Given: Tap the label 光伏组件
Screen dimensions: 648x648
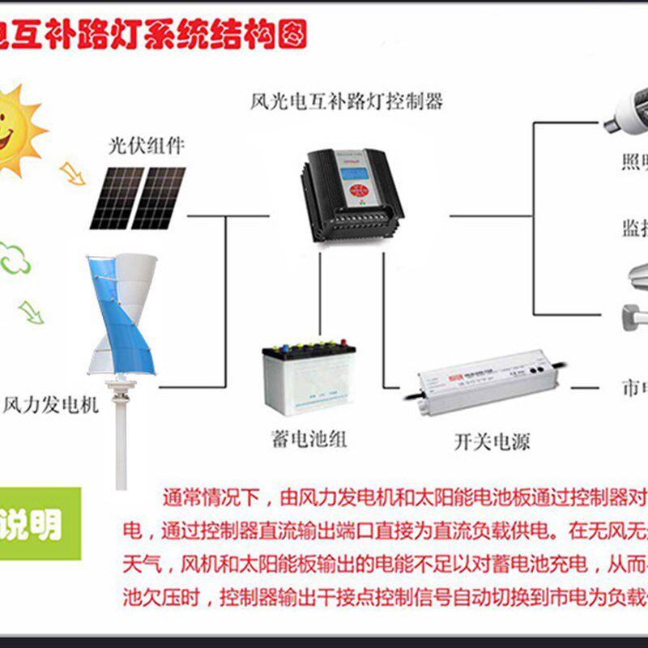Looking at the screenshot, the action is (147, 146).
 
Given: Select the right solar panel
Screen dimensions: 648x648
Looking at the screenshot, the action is (158, 198).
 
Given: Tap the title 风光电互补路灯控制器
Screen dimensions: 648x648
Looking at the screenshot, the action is (347, 103).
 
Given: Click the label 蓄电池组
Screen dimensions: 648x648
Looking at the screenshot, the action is (309, 440).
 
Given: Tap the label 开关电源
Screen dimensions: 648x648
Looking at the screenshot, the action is (492, 442).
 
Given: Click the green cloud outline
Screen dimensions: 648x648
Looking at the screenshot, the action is (15, 258).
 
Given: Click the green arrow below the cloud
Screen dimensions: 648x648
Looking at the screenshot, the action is (32, 312).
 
